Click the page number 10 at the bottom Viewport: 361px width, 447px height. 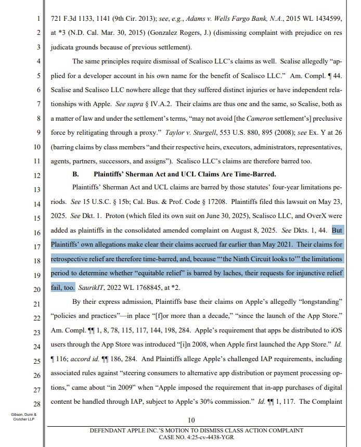point(191,420)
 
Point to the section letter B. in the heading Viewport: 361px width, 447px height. point(75,174)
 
